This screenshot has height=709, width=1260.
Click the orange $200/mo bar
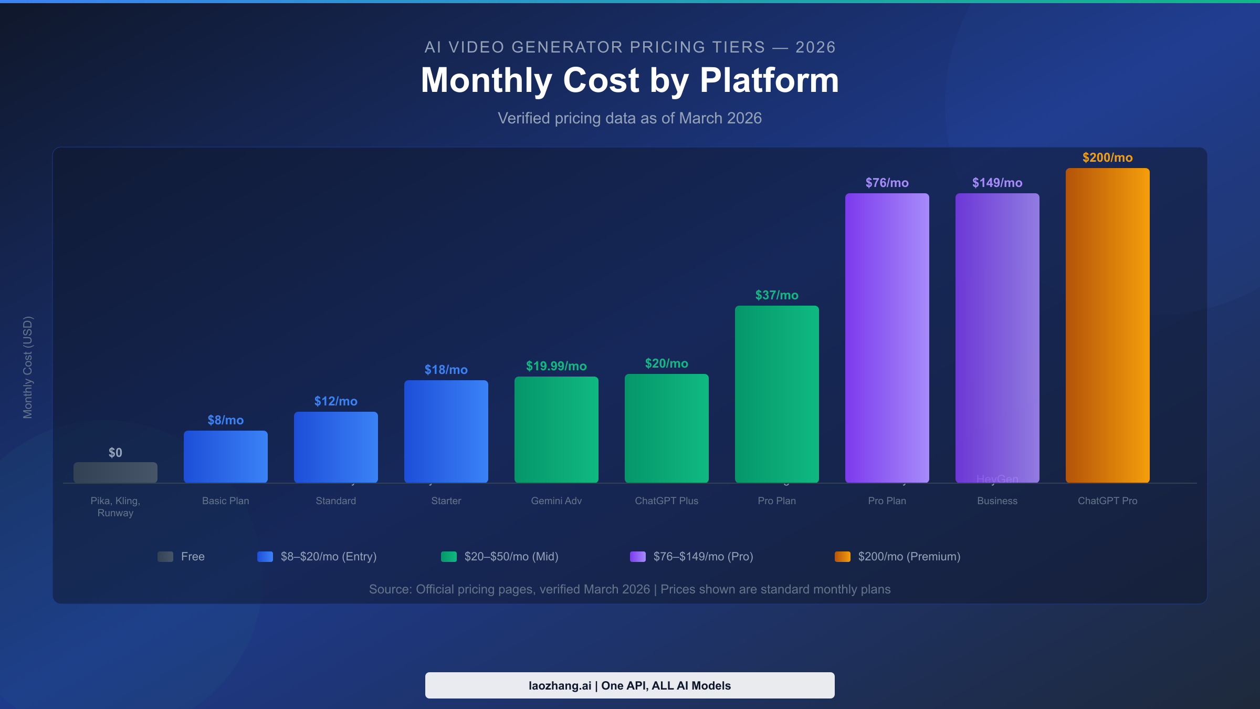pos(1107,326)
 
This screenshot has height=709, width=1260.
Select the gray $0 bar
pos(115,473)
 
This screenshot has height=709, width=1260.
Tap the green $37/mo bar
pos(776,394)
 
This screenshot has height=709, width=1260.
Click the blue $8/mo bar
pos(225,456)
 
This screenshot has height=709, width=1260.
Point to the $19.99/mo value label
pos(556,366)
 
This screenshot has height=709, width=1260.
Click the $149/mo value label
pos(997,183)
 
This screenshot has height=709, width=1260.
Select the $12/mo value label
pos(335,401)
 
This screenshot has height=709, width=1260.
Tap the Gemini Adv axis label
pos(556,501)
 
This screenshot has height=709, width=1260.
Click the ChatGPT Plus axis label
pos(666,501)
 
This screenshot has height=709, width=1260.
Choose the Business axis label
pos(997,501)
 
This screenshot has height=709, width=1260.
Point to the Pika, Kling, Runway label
pos(115,507)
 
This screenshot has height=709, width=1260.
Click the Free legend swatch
pos(165,557)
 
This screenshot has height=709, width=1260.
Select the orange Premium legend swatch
pos(842,557)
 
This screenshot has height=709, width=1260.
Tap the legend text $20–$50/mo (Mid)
pos(511,557)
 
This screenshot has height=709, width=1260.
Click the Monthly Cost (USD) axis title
pos(27,367)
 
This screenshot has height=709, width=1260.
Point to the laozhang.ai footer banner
pos(629,685)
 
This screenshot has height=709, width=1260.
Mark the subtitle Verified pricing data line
pos(629,118)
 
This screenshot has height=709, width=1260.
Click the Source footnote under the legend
pos(629,589)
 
